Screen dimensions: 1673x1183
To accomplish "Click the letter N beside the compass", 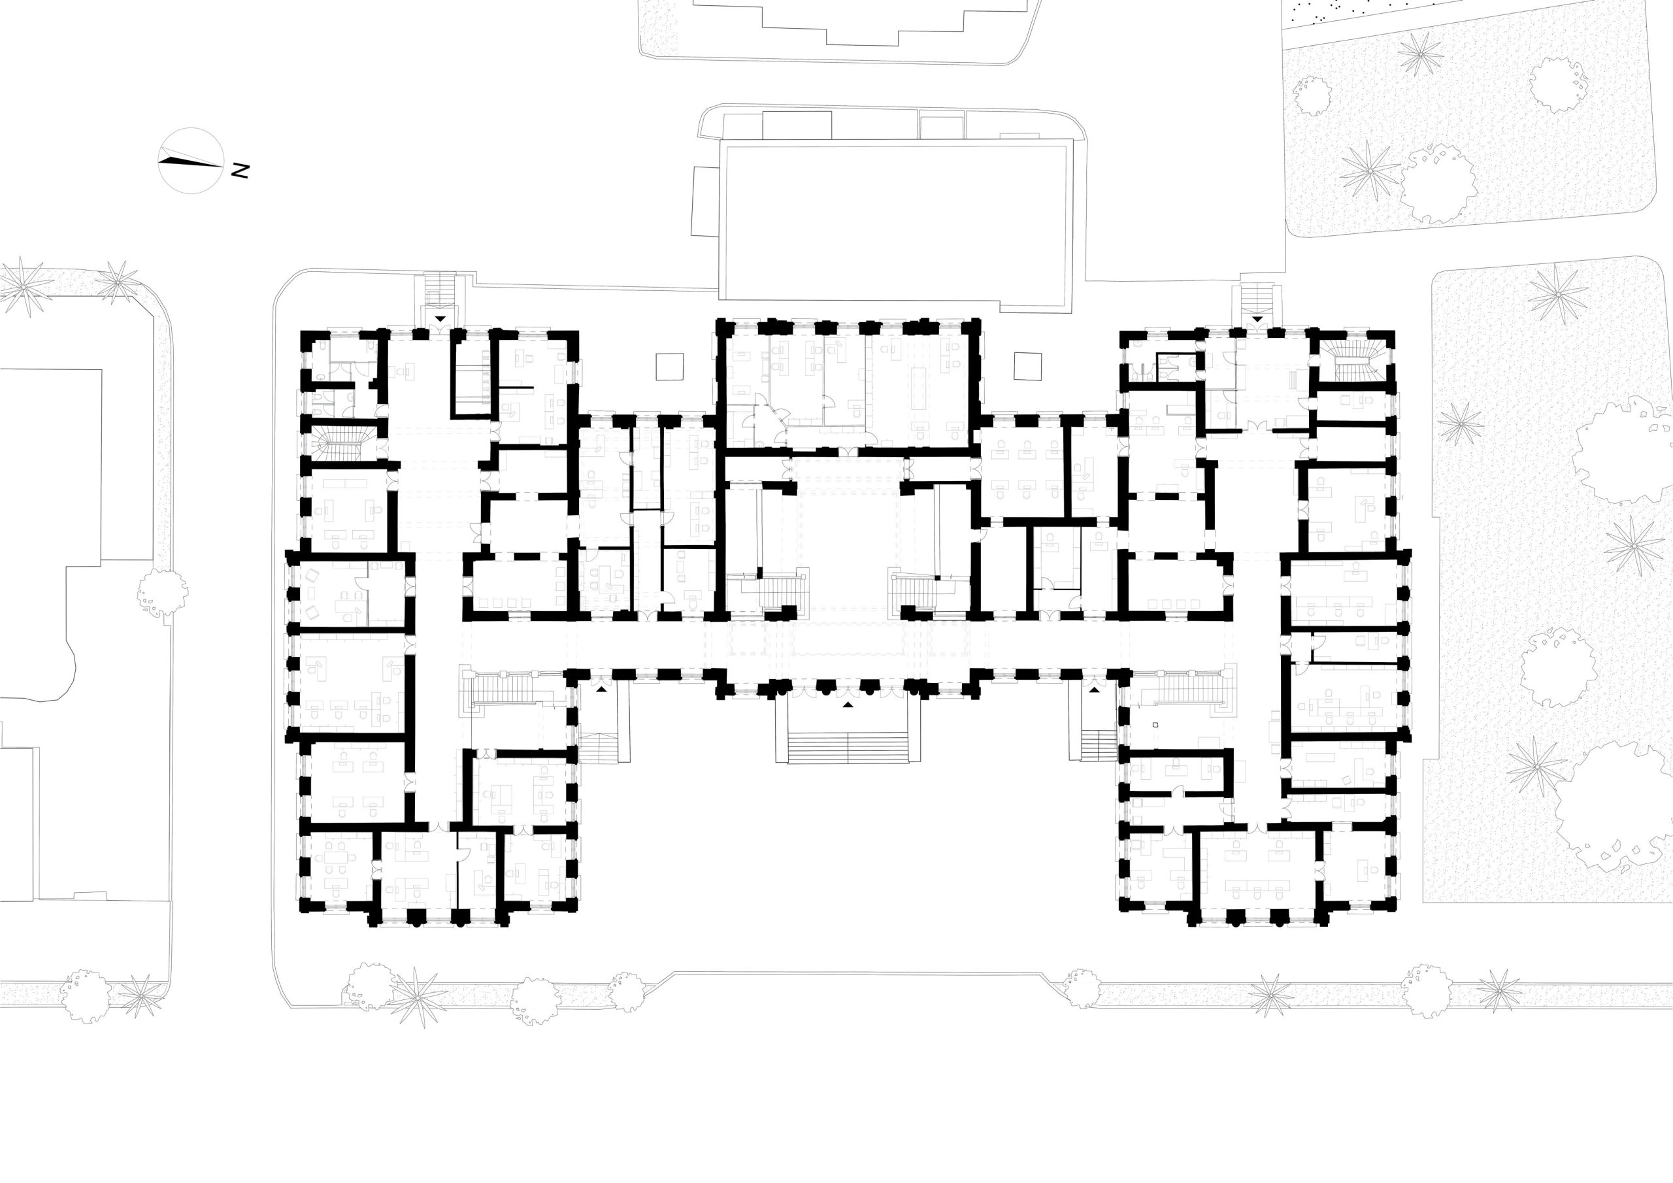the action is [x=240, y=171].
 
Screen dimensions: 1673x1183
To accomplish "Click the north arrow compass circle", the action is [x=191, y=161].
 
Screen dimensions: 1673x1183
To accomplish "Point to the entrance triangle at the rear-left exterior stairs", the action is [x=441, y=319].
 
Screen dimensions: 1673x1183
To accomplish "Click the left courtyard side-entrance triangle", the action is [x=602, y=688].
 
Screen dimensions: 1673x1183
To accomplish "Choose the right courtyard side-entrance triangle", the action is [x=1095, y=688].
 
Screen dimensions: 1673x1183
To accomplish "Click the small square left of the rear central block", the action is [x=670, y=367].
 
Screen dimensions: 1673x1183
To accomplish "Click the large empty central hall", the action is [x=847, y=548].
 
